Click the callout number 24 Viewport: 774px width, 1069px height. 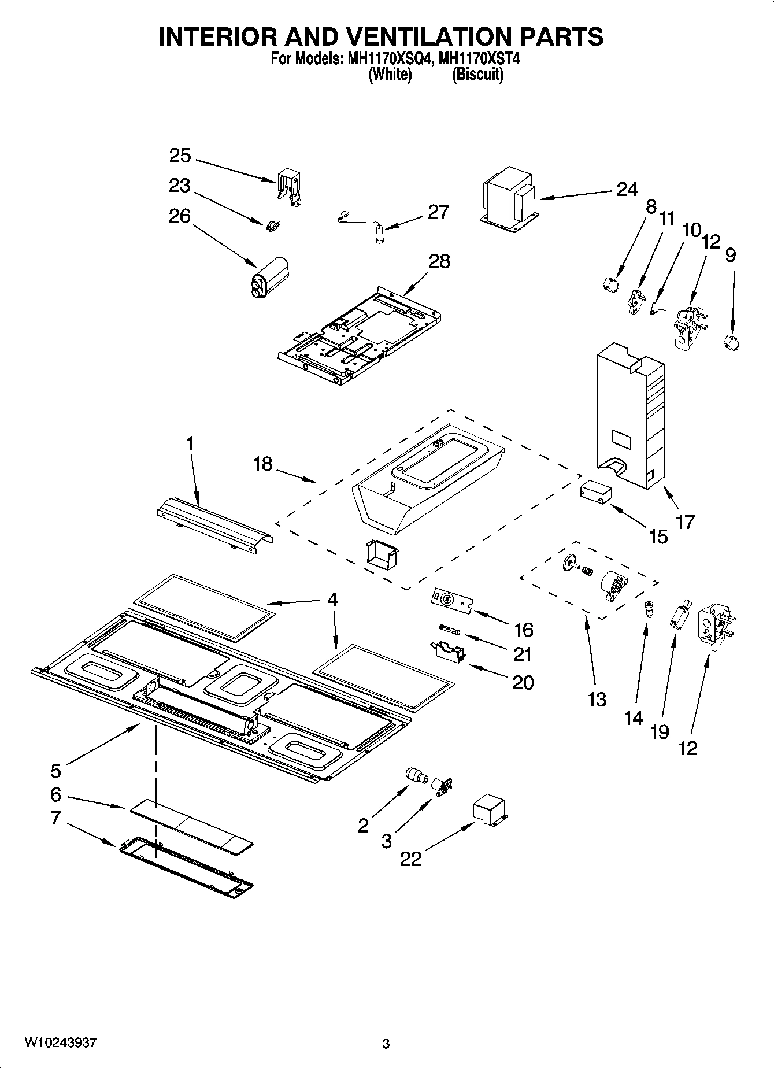(627, 189)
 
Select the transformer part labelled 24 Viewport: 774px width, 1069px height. (509, 199)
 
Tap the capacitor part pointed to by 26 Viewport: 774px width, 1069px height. (269, 278)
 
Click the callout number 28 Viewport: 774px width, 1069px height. (439, 261)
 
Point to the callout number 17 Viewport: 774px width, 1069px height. (686, 522)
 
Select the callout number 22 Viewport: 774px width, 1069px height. (410, 859)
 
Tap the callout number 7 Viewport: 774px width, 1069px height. (55, 818)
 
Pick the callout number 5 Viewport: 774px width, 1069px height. (55, 771)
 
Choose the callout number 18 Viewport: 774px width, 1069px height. (262, 463)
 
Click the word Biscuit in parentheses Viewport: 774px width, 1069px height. (477, 75)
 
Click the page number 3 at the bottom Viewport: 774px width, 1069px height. (386, 1044)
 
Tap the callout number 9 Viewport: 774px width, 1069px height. (731, 255)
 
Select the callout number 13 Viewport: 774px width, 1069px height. (597, 700)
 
